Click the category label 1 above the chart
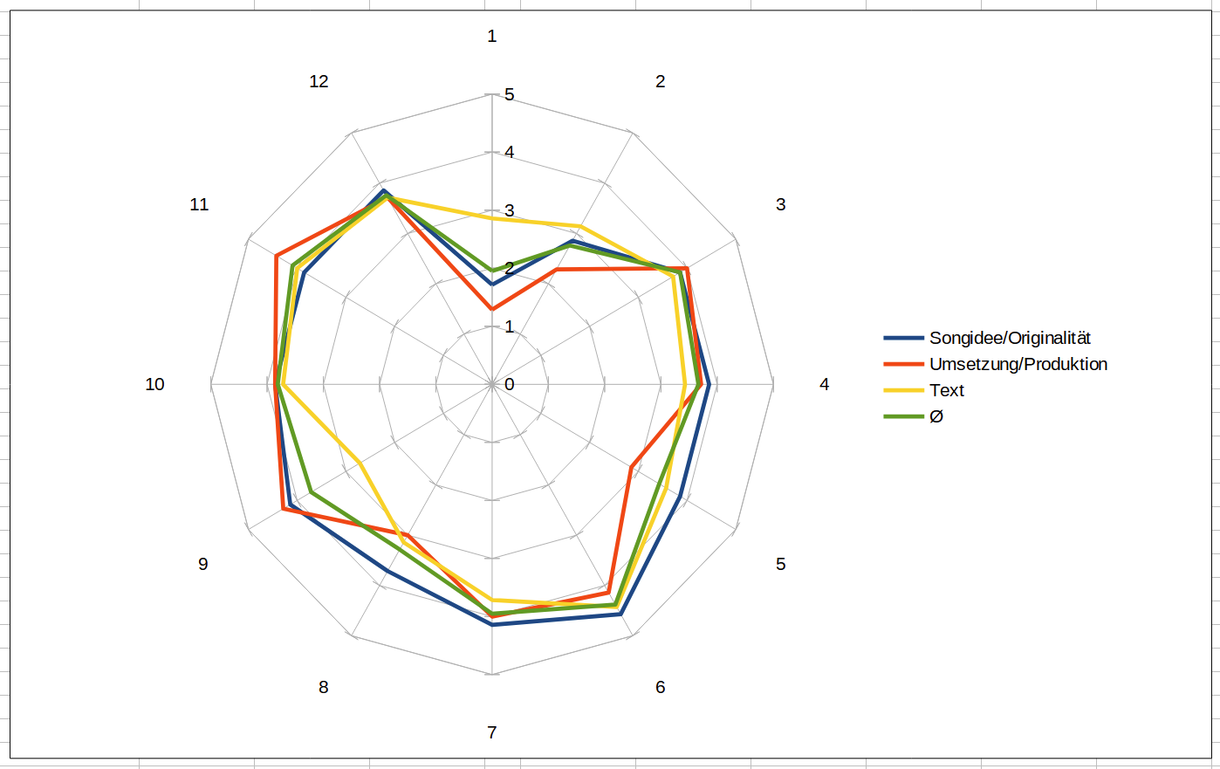[x=492, y=36]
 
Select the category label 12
[x=319, y=81]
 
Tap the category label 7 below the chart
[x=492, y=732]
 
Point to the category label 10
[x=154, y=384]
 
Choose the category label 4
[x=824, y=384]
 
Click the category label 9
[x=203, y=564]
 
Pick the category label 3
[x=780, y=204]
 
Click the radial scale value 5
[x=510, y=94]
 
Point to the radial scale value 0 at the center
[x=510, y=384]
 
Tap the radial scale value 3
[x=510, y=210]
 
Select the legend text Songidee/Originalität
[x=1010, y=338]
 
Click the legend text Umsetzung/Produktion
[x=1018, y=364]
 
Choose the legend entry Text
[x=947, y=390]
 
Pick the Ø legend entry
[x=936, y=416]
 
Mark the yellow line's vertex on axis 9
[x=360, y=461]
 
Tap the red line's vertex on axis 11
[x=276, y=257]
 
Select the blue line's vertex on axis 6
[x=620, y=615]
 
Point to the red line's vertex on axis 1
[x=492, y=309]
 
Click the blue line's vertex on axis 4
[x=709, y=384]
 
